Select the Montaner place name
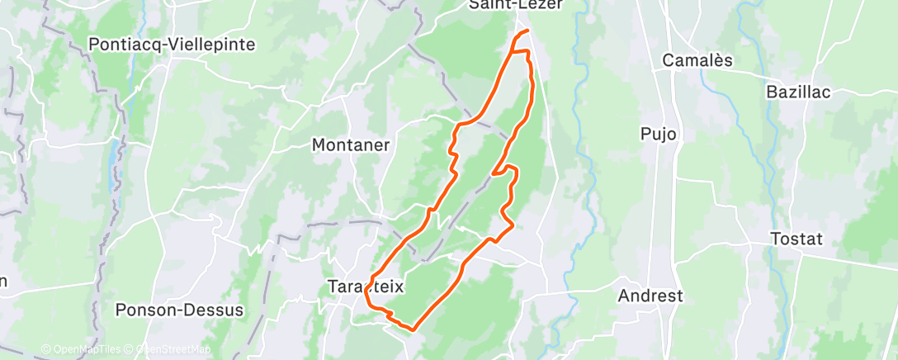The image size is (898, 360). tap(351, 144)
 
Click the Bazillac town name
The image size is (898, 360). tap(798, 92)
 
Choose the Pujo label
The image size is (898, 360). tap(659, 134)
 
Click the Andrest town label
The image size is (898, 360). tap(651, 296)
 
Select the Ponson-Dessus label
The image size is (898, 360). tap(179, 310)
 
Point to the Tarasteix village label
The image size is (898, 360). tap(366, 287)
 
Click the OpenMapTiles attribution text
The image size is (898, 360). tap(82, 349)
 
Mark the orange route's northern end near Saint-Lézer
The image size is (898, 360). tap(527, 31)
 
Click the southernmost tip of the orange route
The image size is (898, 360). tap(409, 329)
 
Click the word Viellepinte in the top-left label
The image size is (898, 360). tap(210, 45)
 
